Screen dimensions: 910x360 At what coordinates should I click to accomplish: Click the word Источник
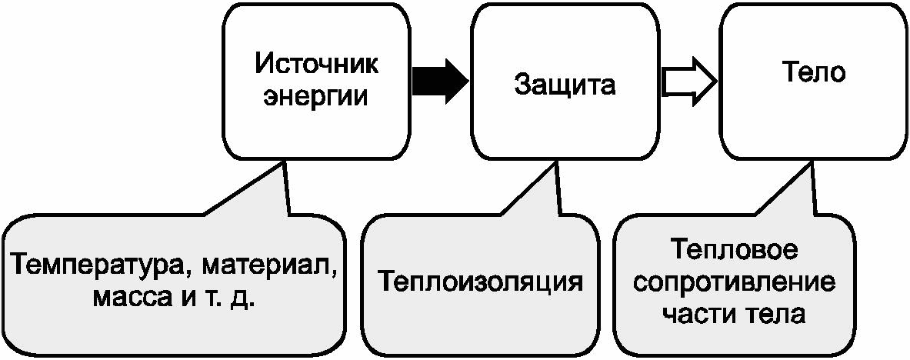pyautogui.click(x=317, y=65)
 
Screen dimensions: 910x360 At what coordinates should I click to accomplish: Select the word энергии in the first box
pyautogui.click(x=316, y=96)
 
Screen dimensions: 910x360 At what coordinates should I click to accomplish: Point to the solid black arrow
pyautogui.click(x=440, y=82)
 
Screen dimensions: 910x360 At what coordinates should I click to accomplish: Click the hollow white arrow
pyautogui.click(x=689, y=82)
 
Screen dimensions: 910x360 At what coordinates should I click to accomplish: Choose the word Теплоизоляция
pyautogui.click(x=481, y=282)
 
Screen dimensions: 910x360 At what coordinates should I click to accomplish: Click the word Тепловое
pyautogui.click(x=734, y=252)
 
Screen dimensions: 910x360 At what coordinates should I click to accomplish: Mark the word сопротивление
pyautogui.click(x=734, y=284)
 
